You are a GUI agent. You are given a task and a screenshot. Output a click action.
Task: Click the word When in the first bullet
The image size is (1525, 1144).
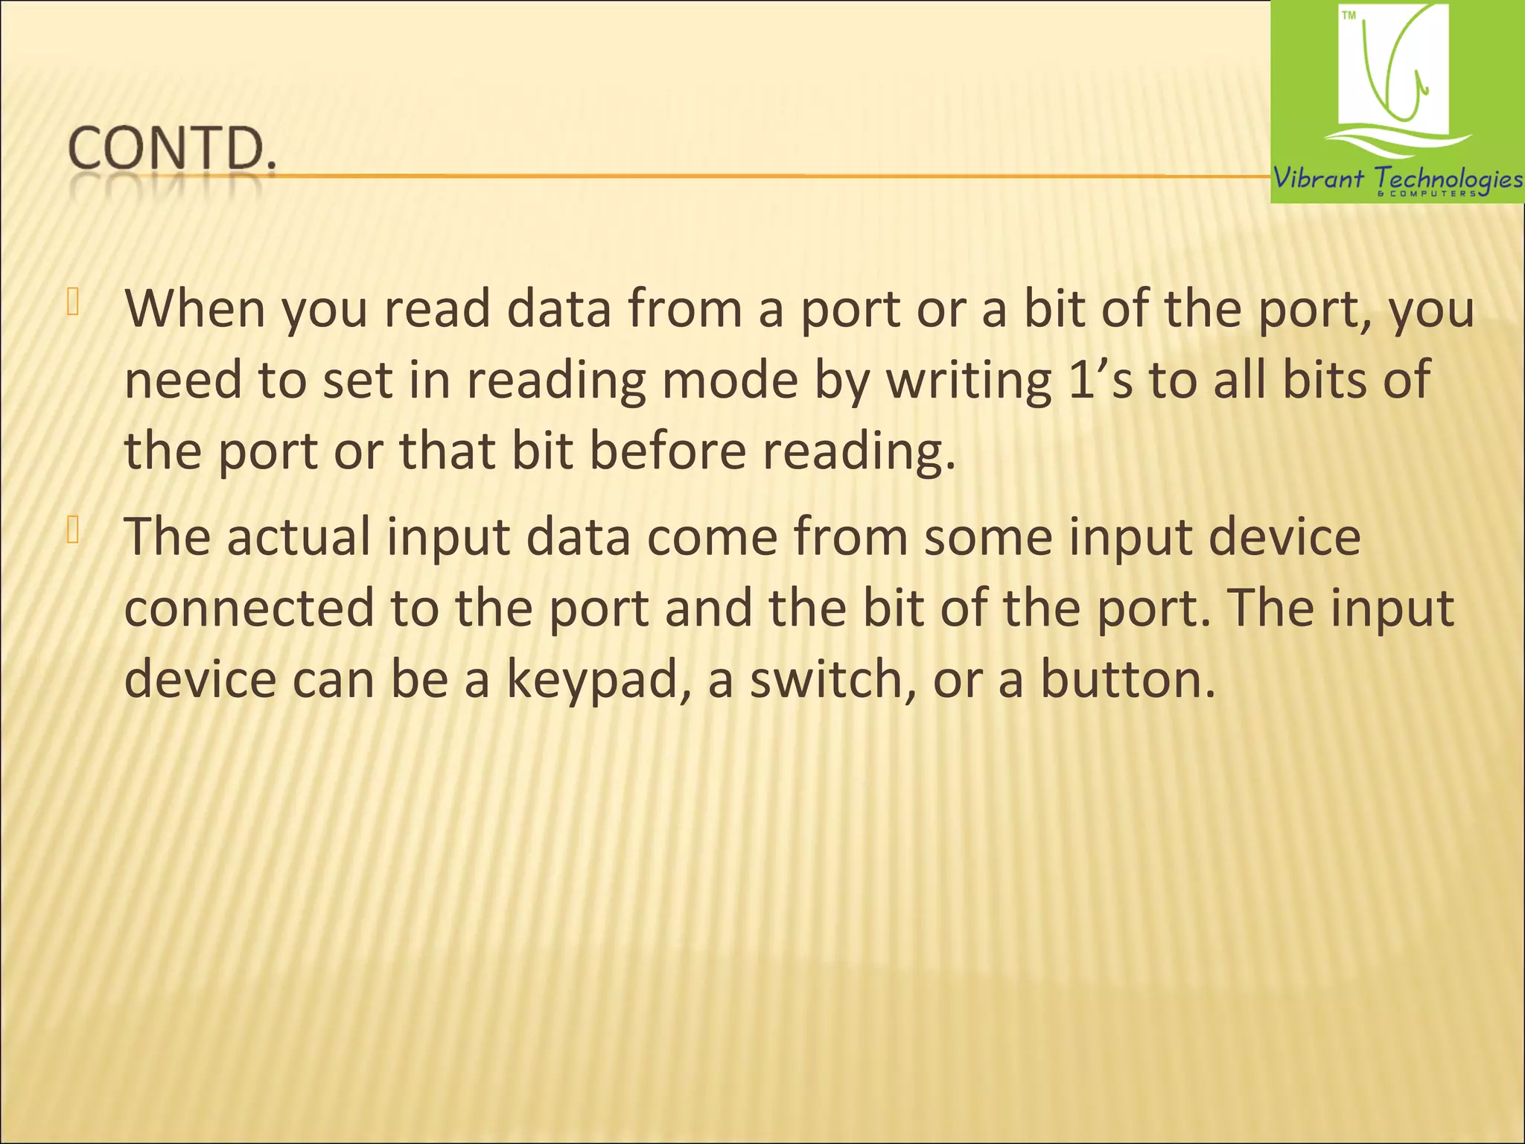tap(194, 308)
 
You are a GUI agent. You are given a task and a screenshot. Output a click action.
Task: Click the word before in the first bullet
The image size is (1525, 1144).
tap(667, 451)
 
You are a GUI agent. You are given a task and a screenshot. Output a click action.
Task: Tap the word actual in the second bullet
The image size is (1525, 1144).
tap(299, 536)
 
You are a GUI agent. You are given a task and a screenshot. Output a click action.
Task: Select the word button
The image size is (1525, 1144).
tap(1127, 679)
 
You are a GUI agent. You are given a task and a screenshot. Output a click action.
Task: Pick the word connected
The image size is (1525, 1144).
tap(249, 608)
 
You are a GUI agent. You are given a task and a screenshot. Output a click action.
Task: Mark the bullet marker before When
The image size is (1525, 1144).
tap(72, 302)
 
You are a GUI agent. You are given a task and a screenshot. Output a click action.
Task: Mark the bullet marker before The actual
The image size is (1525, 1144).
tap(72, 530)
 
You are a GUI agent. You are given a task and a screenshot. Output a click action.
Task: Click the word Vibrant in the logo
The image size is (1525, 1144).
tap(1318, 179)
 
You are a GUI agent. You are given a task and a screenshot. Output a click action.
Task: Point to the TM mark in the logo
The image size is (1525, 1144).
tap(1349, 16)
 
